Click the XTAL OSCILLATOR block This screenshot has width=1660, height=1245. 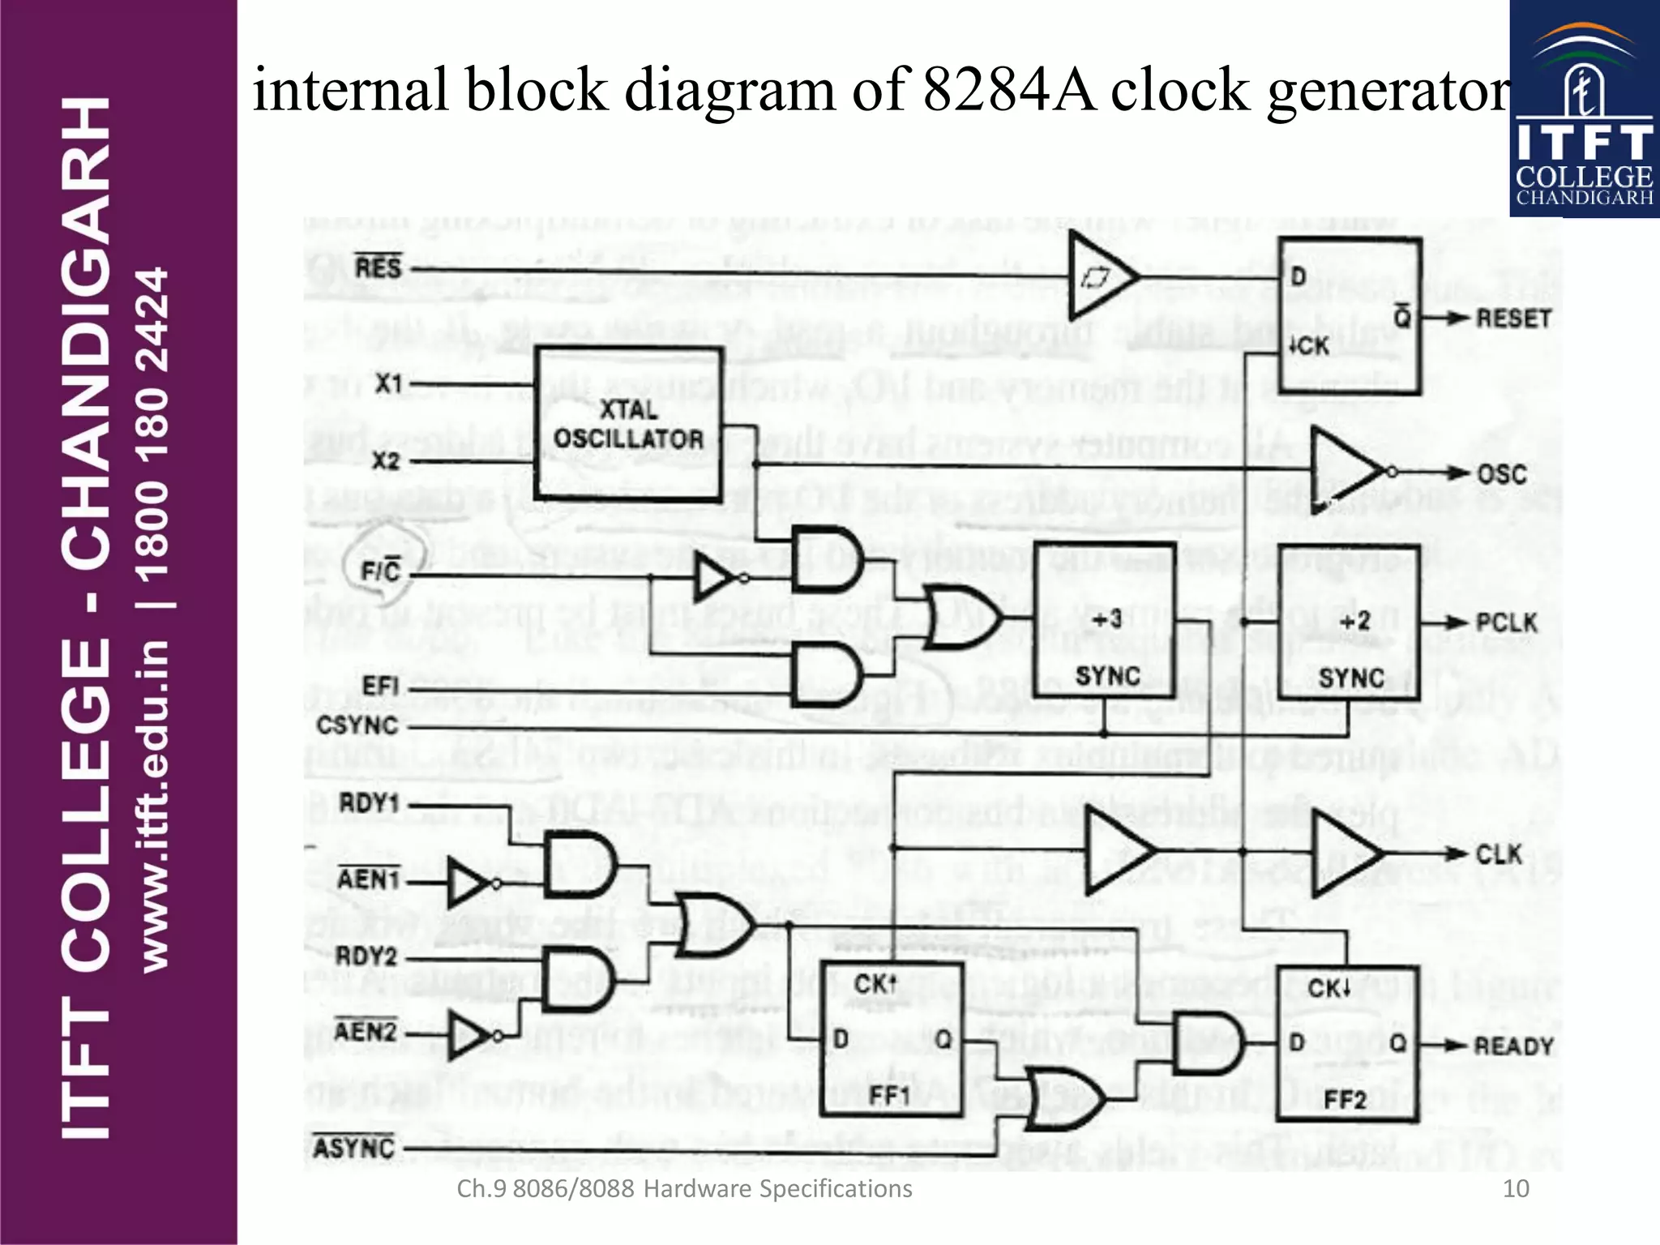coord(628,424)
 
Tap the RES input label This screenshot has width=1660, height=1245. coord(378,267)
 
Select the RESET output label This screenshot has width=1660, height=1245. coord(1512,319)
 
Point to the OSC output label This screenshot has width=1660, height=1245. coord(1501,474)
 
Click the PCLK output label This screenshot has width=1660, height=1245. coord(1506,622)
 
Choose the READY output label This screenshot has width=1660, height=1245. coord(1512,1046)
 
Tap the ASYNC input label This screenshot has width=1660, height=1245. coord(354,1148)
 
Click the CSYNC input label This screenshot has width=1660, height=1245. coord(357,725)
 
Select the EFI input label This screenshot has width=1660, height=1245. coord(380,687)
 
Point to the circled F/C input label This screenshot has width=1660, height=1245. coord(381,571)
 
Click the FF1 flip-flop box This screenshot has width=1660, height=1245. coord(892,1040)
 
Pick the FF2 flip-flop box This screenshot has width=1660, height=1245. coord(1347,1045)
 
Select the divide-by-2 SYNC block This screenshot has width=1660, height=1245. coord(1349,623)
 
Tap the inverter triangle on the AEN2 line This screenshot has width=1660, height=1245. coord(468,1035)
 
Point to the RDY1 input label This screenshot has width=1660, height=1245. coord(369,804)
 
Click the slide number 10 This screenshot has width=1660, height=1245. coord(1515,1188)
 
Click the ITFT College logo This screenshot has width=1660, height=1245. coord(1584,109)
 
